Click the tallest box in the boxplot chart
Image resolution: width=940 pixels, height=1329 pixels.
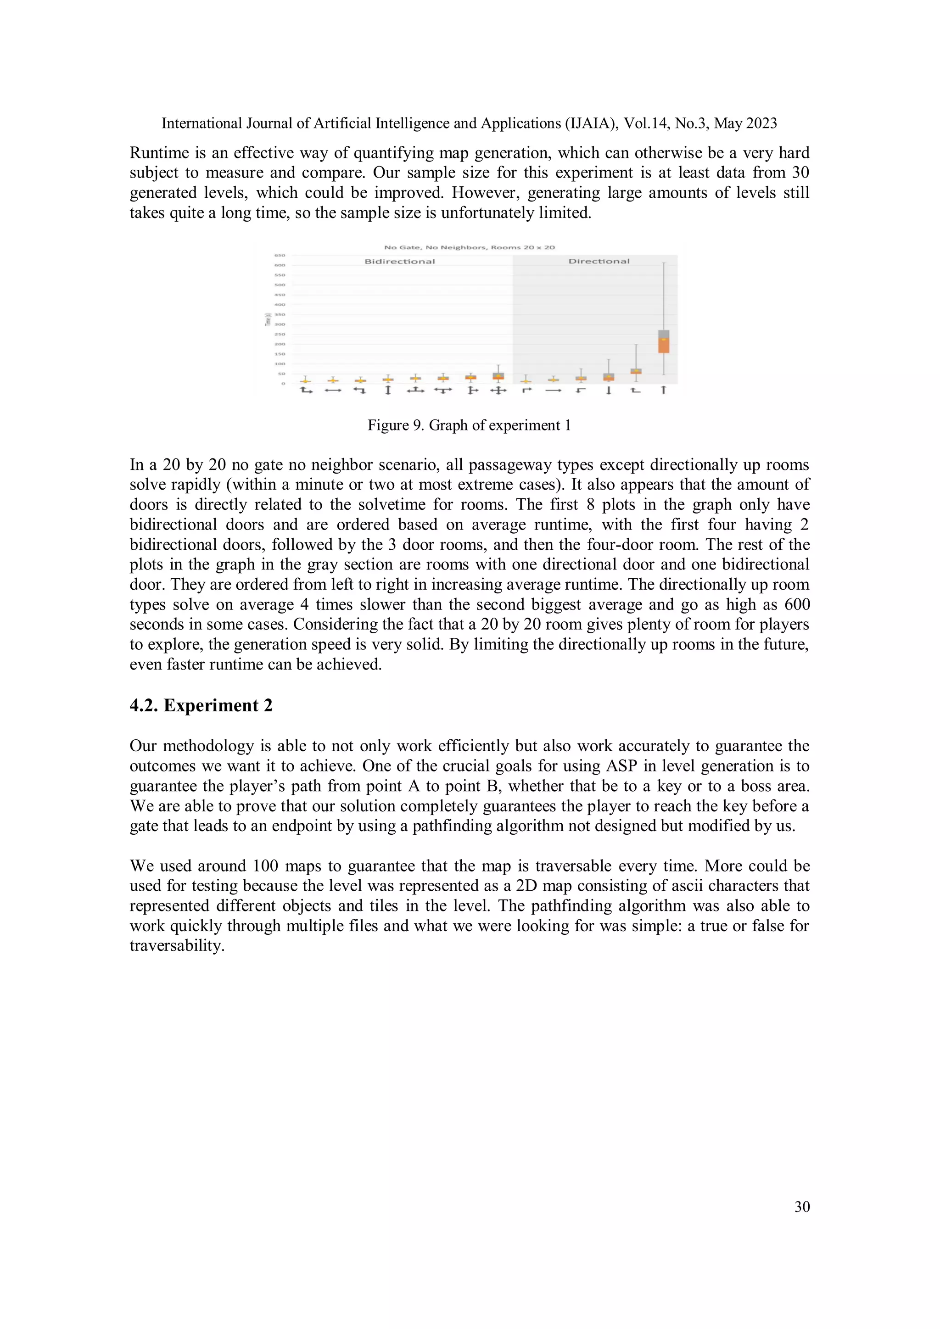coord(663,341)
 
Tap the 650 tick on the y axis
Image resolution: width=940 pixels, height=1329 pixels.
coord(280,255)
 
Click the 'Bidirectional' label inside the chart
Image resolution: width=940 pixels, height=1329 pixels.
coord(399,262)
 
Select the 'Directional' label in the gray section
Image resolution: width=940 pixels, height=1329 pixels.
coord(599,262)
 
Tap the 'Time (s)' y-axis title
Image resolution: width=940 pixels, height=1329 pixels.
coord(268,319)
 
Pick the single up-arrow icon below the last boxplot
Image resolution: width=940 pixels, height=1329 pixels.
coord(663,391)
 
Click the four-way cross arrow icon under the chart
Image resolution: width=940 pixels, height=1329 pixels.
coord(498,391)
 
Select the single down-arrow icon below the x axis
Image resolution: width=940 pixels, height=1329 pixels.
coord(608,391)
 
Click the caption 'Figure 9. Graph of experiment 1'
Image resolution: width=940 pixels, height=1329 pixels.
coord(469,425)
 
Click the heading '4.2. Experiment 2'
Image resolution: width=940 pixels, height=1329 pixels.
coord(201,706)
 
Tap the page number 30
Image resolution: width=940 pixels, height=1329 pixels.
coord(802,1206)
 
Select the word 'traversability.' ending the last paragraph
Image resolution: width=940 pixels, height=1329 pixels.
coord(177,946)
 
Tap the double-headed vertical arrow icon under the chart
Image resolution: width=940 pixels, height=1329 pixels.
coord(388,391)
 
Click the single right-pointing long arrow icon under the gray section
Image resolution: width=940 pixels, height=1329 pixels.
coord(554,391)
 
